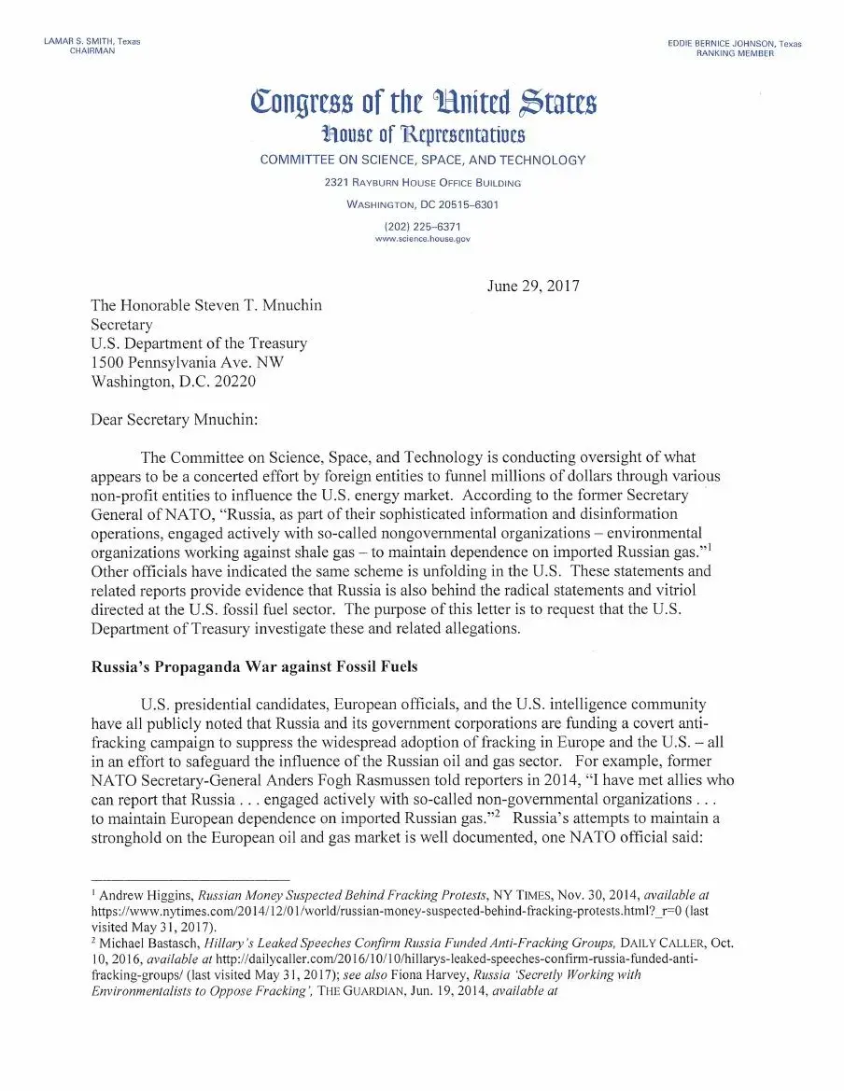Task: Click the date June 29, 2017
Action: (533, 286)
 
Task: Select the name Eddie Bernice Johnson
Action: (722, 44)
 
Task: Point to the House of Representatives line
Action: (423, 133)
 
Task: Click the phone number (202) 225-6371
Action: (422, 227)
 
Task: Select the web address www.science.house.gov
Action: (422, 239)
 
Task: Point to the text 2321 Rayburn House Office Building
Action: (422, 183)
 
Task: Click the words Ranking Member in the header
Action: (735, 54)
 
